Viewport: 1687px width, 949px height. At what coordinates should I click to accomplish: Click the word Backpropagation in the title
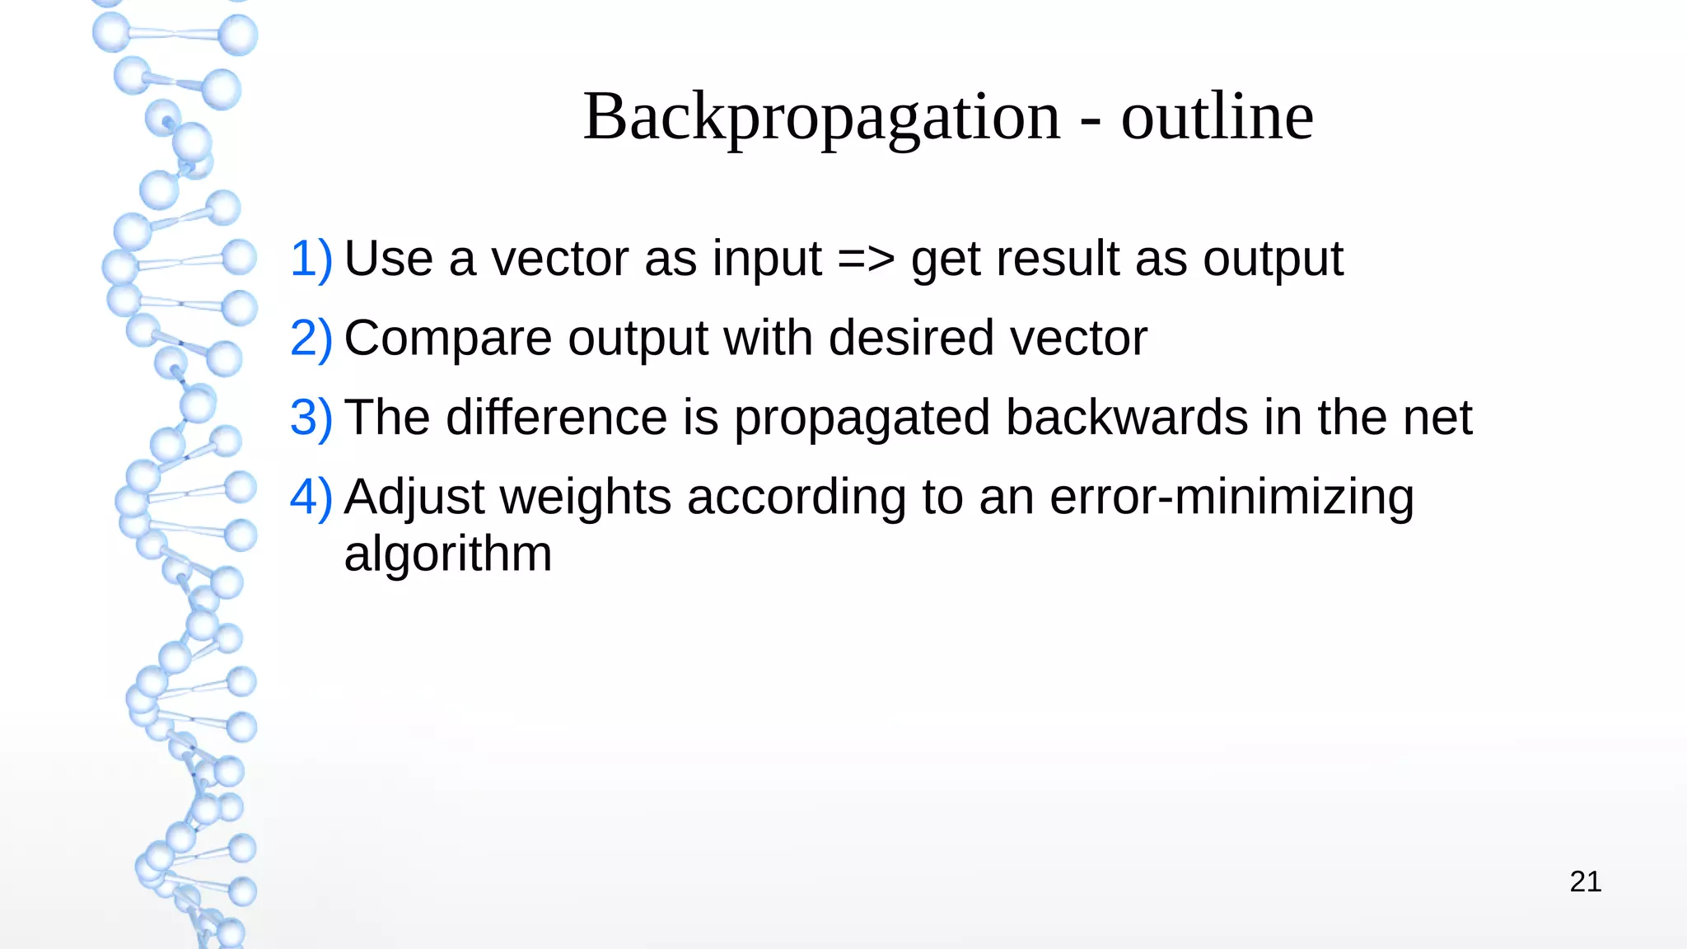(x=822, y=117)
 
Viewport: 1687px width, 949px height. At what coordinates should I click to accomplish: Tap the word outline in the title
(x=1217, y=117)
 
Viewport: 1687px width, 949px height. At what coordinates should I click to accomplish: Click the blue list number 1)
(x=311, y=259)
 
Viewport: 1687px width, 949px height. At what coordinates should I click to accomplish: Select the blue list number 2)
(x=311, y=338)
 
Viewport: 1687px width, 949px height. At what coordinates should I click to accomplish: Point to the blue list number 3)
(x=311, y=417)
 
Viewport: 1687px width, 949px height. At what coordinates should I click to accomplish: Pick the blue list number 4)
(x=311, y=497)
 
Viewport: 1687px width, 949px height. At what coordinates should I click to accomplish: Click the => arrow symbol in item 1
(x=866, y=259)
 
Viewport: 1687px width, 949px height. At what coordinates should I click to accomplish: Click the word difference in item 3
(x=557, y=417)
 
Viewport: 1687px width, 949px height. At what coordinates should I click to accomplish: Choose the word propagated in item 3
(x=862, y=418)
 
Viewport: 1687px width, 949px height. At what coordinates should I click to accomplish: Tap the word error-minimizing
(x=1232, y=497)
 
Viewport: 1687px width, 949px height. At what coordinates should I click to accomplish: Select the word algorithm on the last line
(x=447, y=554)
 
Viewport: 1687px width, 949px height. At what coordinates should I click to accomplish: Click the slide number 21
(x=1585, y=881)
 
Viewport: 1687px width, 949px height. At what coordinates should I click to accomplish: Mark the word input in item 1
(x=767, y=259)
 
